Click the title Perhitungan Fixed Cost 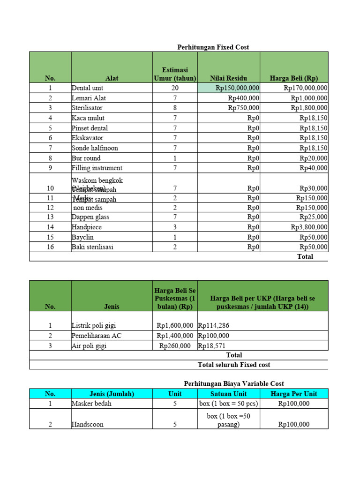(x=213, y=47)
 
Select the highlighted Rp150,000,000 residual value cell (x=229, y=88)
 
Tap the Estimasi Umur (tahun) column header (x=175, y=74)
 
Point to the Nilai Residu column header (x=228, y=78)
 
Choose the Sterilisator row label (x=87, y=108)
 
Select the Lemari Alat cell (x=87, y=98)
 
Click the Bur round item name (x=86, y=158)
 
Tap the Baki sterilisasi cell (x=92, y=247)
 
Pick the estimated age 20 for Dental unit (x=175, y=88)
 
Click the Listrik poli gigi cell (x=93, y=325)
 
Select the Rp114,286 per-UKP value (x=214, y=325)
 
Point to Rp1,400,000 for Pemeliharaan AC (x=175, y=336)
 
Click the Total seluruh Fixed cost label (x=234, y=365)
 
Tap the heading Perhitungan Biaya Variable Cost (x=233, y=383)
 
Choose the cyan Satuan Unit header (x=228, y=394)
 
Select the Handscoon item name (x=87, y=424)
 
